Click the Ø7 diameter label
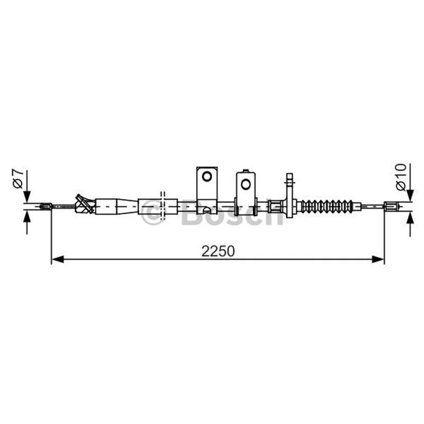pos(17,179)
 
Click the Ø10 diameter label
pos(401,177)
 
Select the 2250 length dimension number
pos(218,251)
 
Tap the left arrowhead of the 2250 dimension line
pos(57,259)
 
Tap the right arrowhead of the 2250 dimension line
pos(378,259)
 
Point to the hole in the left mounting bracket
pos(207,176)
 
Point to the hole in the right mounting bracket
pos(246,184)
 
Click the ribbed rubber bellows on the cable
pos(327,206)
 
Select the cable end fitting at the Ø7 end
pos(46,207)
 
